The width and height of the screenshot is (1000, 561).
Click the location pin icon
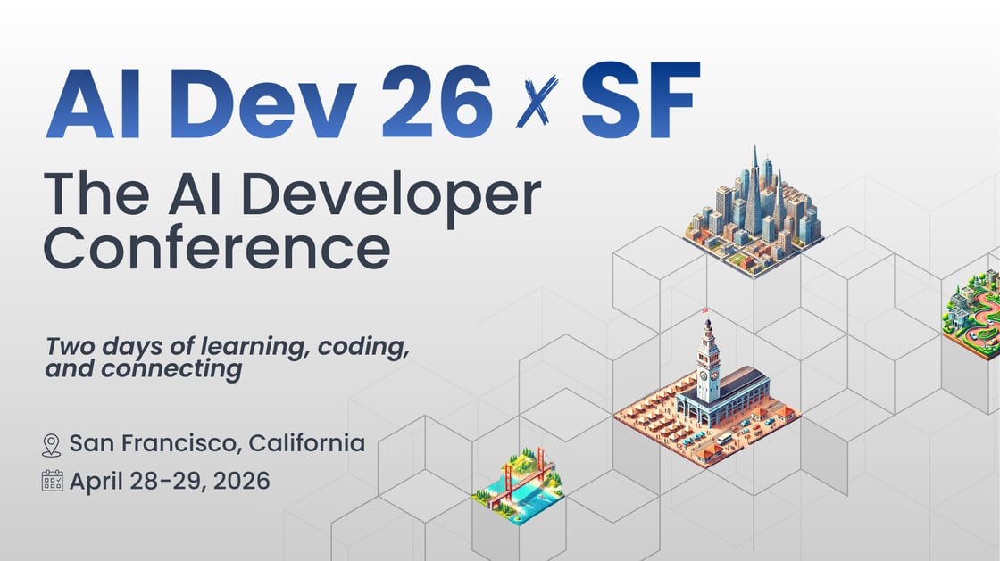coord(52,444)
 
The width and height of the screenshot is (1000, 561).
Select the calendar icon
coord(52,482)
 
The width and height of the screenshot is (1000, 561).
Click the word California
coord(306,442)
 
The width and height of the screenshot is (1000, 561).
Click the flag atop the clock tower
coord(706,311)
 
